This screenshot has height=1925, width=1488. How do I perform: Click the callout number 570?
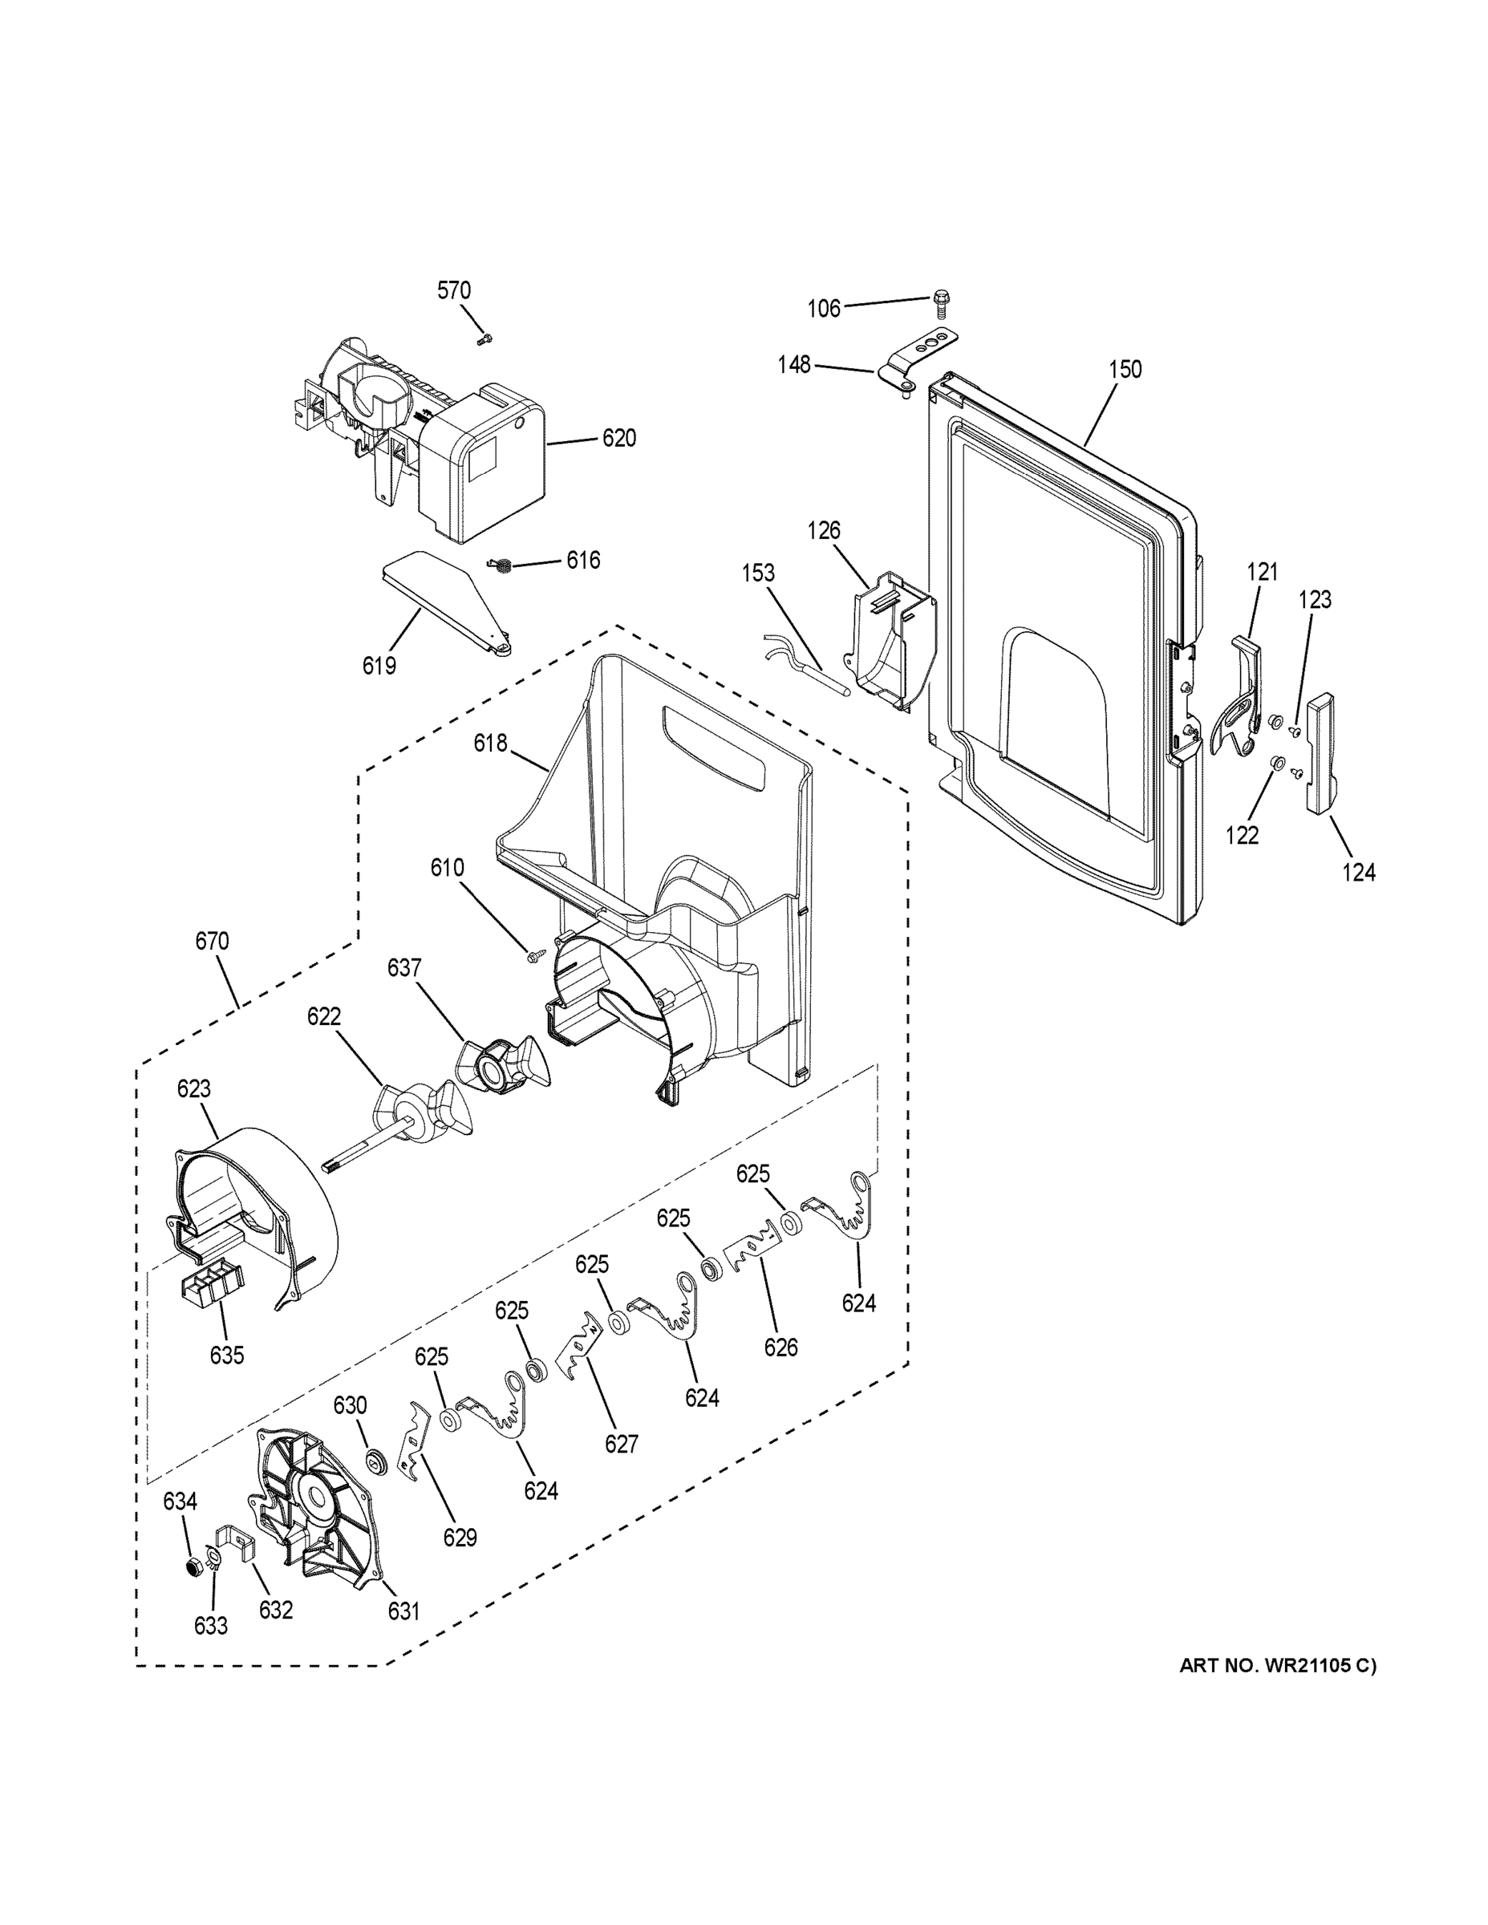point(454,291)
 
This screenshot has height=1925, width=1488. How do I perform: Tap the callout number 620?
point(618,438)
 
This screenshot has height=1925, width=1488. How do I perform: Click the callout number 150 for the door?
point(1125,369)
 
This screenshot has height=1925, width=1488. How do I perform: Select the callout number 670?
point(212,942)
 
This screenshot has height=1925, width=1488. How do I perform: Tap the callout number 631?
point(403,1611)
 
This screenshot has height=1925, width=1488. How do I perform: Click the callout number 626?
point(780,1347)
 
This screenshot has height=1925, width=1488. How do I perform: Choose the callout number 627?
point(621,1444)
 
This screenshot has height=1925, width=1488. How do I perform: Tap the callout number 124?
point(1358,872)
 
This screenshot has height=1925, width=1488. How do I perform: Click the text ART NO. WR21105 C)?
point(1276,1666)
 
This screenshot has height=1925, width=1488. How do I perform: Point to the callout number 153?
point(758,573)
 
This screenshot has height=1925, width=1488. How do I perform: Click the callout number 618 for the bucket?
point(490,743)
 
